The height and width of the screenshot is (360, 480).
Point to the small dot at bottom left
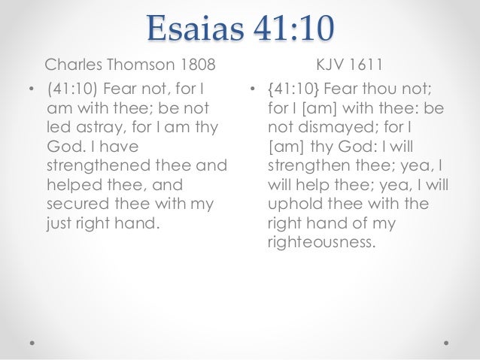32,340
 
